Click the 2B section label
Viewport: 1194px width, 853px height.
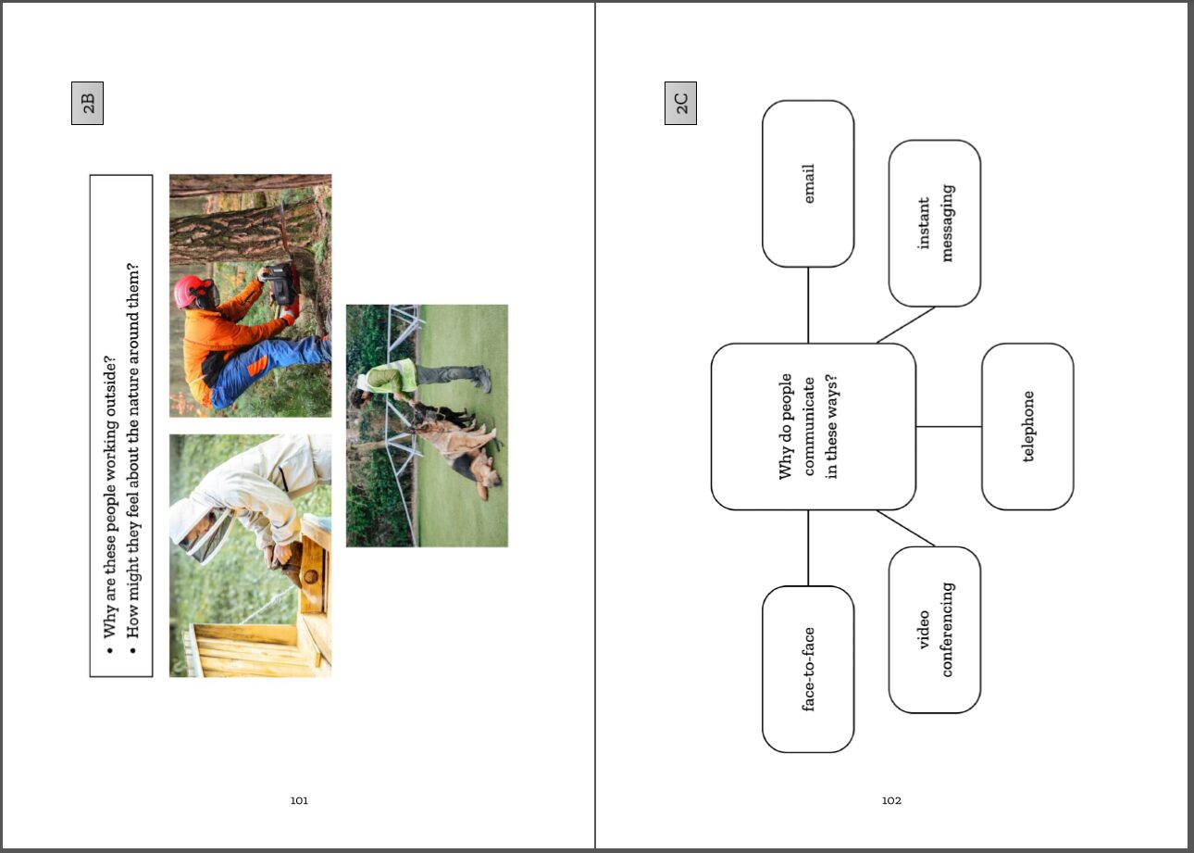[x=87, y=103]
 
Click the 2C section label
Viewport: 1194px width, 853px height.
[x=680, y=103]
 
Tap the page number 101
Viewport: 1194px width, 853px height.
[x=299, y=800]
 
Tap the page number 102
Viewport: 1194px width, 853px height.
[x=891, y=800]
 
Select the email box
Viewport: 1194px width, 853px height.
[x=808, y=183]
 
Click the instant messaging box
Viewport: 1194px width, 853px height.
[x=935, y=223]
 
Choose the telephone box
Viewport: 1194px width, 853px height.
[x=1027, y=426]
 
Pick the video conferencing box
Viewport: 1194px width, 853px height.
[x=935, y=630]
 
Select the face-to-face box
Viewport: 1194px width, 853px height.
[x=808, y=669]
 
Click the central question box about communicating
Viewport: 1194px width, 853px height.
[x=814, y=426]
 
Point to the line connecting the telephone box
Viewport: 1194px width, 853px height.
[x=949, y=426]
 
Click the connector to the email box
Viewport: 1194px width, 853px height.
[x=808, y=305]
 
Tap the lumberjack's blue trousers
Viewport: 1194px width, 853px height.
[x=267, y=368]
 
